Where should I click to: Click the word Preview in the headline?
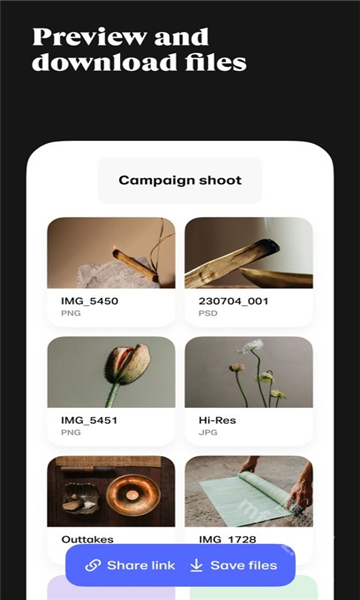coord(90,38)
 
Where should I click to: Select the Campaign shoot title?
coord(180,180)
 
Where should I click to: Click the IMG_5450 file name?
coord(90,301)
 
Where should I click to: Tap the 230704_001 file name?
coord(233,301)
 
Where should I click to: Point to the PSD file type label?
coord(208,313)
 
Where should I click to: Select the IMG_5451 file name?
coord(89,421)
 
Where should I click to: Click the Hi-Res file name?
coord(217,421)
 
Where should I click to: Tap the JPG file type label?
coord(208,433)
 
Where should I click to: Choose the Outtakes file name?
coord(87,540)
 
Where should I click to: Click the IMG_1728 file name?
coord(227,540)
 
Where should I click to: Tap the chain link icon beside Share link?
coord(93,565)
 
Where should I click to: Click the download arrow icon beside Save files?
coord(196,565)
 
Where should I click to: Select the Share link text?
coord(141,565)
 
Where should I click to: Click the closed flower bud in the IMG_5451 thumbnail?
coord(127,364)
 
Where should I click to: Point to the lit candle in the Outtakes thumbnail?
coord(132,494)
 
